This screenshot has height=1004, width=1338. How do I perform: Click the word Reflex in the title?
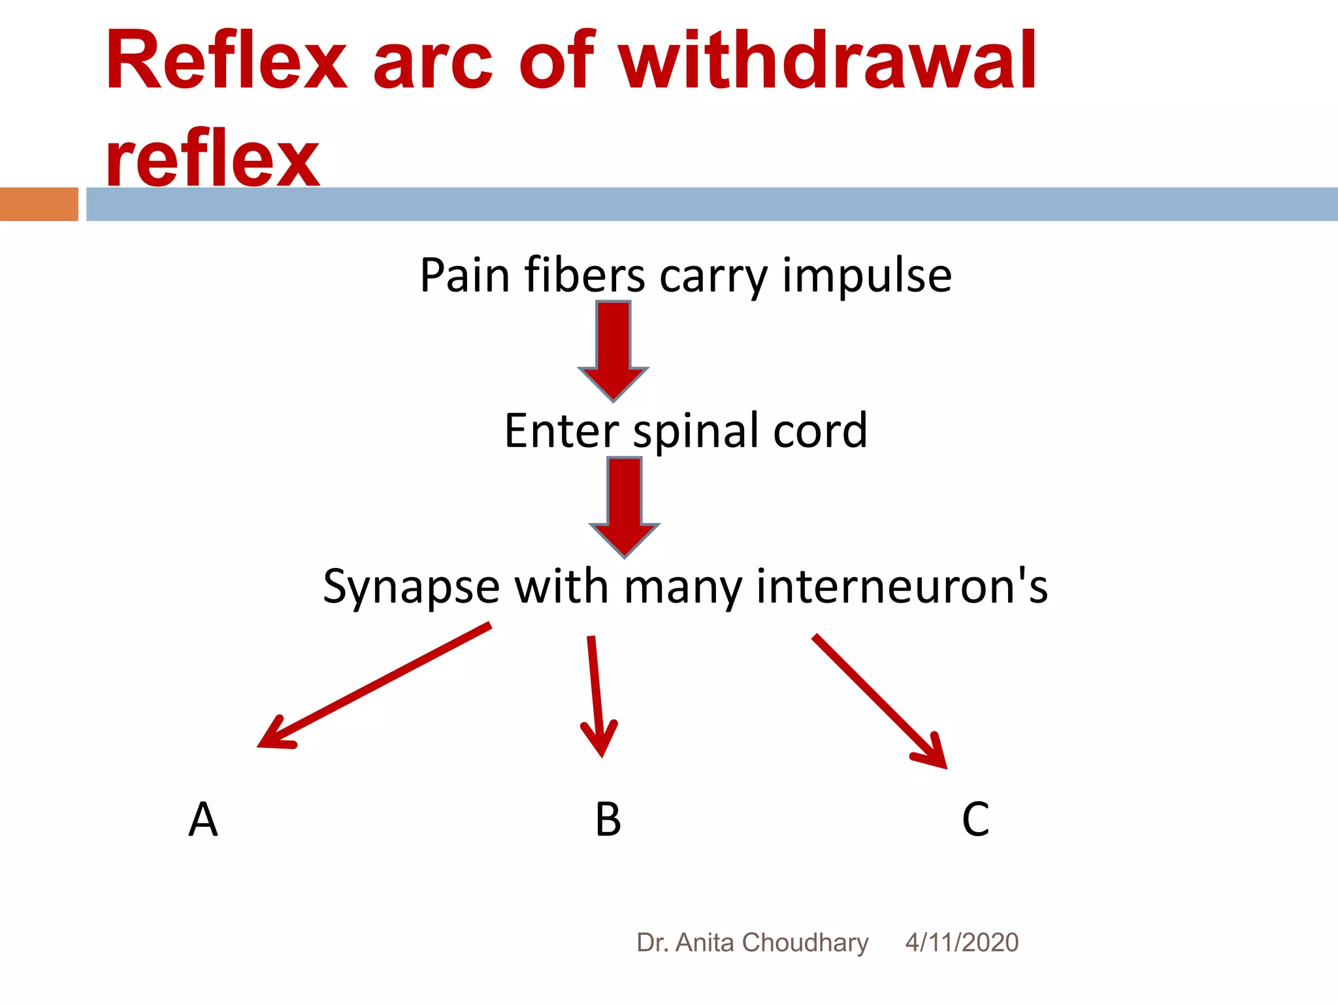pos(226,62)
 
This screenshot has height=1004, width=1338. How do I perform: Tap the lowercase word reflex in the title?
pos(212,158)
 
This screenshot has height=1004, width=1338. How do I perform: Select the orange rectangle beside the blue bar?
pos(39,204)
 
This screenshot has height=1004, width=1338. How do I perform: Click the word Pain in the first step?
pos(465,275)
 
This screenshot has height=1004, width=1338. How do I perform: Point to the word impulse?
pos(867,276)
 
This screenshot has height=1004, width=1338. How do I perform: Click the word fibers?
pos(585,275)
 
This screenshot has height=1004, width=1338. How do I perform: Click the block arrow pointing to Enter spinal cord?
pos(613,350)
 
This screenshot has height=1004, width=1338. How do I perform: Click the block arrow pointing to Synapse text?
pos(625,507)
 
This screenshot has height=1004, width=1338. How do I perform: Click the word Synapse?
pos(411,588)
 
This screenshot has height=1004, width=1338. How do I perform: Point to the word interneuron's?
pos(902,586)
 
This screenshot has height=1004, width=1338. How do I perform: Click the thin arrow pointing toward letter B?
pos(595,696)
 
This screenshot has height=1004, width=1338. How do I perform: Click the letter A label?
pos(203,820)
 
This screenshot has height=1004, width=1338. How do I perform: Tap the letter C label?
pos(975,820)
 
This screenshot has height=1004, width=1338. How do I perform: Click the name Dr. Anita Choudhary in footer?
pos(752,943)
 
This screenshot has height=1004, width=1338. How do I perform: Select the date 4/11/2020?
pos(962,943)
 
